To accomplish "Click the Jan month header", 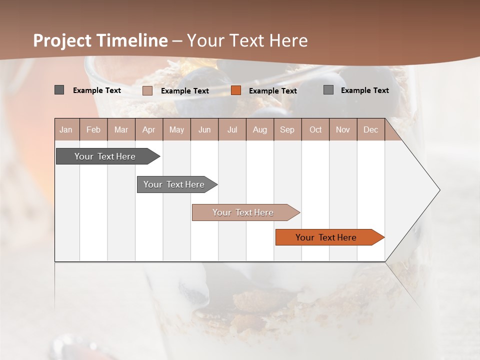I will click(x=66, y=129).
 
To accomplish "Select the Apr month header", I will click(x=149, y=129).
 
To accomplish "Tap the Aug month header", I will click(x=260, y=129).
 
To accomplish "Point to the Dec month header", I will click(x=371, y=129).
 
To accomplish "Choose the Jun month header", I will click(x=204, y=129).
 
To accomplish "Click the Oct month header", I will click(x=315, y=129).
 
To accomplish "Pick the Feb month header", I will click(x=93, y=129).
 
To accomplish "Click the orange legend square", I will click(x=236, y=90).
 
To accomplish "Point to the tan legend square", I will click(x=147, y=90).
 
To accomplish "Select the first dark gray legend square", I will click(x=59, y=90).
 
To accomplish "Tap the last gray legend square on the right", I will click(x=328, y=90).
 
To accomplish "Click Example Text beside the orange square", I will click(x=273, y=91).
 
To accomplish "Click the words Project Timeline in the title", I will click(x=100, y=40).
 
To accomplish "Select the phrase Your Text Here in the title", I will click(x=247, y=40).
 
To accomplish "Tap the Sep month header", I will click(x=287, y=129).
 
